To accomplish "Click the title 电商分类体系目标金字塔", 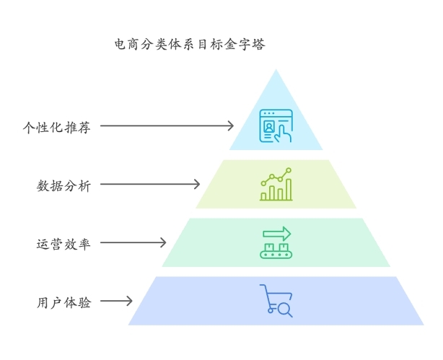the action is click(190, 44).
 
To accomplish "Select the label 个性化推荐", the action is click(57, 128).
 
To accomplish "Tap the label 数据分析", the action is click(63, 186).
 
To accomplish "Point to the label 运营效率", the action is click(63, 244).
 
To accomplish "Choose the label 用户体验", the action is click(63, 302).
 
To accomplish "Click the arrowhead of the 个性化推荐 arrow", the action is click(231, 126).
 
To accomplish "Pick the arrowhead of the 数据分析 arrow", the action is click(197, 184).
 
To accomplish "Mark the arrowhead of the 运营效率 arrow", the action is click(163, 242).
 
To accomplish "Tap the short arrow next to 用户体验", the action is click(116, 301).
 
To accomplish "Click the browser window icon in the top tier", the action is click(276, 126).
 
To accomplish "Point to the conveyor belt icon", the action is click(276, 251).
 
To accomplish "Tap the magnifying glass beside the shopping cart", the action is click(285, 309).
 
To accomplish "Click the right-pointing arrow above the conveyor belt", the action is click(277, 234).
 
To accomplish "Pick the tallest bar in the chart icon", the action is click(289, 189).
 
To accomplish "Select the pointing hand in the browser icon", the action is click(283, 133).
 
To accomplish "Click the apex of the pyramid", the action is click(276, 69).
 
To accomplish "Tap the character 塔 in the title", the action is click(258, 44).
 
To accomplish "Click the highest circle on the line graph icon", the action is click(289, 170).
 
